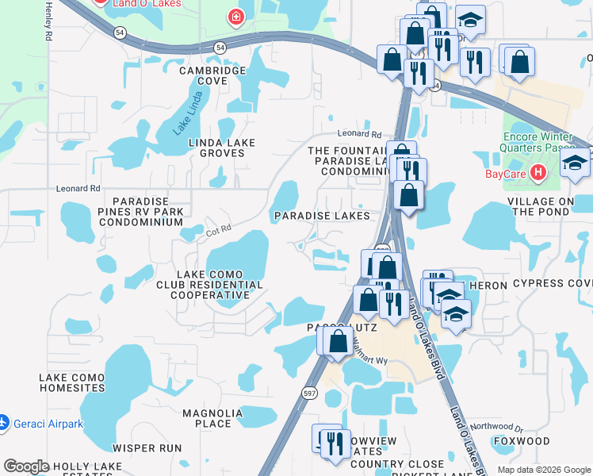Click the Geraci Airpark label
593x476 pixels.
pos(49,424)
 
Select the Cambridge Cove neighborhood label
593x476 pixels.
pos(212,75)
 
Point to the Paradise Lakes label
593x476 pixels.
pos(322,216)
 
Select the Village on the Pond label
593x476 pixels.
pos(553,206)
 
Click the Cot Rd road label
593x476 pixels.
pos(217,231)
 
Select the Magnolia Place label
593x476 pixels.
pos(212,418)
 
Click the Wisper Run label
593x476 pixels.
pos(147,447)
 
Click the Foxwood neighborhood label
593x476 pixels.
pos(521,441)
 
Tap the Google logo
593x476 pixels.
pos(27,466)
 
